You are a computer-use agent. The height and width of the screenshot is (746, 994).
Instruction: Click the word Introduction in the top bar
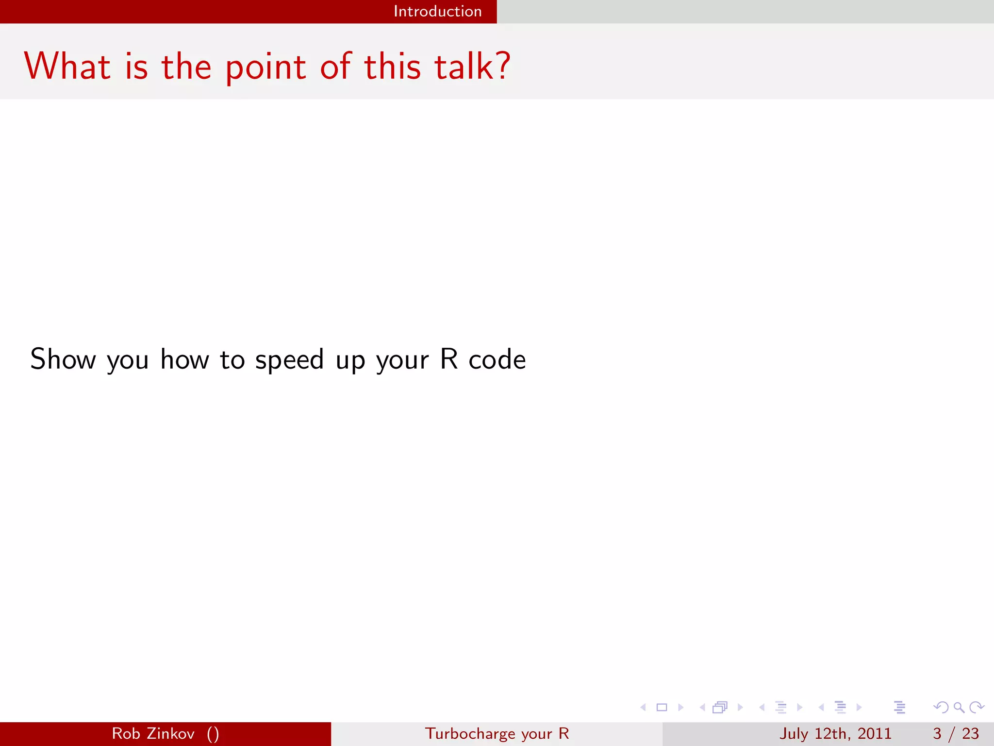437,11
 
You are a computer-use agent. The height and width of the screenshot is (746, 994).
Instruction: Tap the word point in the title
265,68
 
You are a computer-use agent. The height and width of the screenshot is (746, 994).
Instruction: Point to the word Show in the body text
63,359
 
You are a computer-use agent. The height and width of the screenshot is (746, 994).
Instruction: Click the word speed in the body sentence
289,360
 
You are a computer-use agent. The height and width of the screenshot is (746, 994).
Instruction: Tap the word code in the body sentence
497,359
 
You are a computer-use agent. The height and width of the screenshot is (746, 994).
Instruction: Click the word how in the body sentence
184,359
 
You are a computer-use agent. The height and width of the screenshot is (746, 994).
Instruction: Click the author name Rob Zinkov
153,733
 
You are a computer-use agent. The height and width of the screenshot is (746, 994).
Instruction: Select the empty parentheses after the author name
213,734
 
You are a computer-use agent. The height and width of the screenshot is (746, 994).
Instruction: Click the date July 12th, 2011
835,733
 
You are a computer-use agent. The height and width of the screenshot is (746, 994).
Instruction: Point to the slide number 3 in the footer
937,733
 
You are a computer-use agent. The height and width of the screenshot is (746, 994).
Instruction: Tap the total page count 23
970,733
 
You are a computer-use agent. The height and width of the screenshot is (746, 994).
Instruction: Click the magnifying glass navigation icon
959,707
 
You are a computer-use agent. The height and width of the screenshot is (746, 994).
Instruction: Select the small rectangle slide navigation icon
662,707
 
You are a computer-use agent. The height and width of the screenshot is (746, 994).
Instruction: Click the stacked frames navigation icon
720,707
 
